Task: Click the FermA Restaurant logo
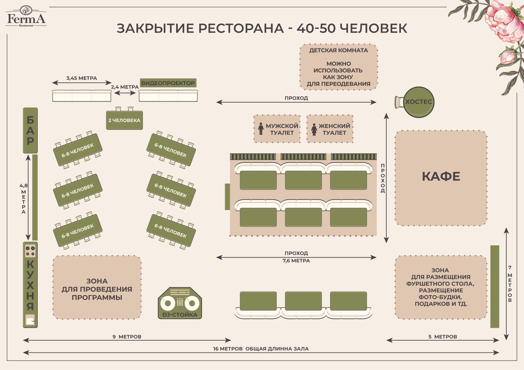(x=26, y=16)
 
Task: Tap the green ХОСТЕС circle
(x=419, y=102)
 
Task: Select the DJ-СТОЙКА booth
(x=180, y=303)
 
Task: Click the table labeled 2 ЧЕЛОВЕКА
(x=124, y=120)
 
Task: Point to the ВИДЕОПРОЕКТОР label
(x=168, y=83)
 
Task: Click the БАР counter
(x=30, y=130)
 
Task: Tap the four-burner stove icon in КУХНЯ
(x=30, y=251)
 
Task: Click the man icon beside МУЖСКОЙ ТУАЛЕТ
(x=261, y=129)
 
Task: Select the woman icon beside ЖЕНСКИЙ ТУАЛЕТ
(x=314, y=129)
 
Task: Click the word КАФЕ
(x=441, y=176)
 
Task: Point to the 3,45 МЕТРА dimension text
(x=81, y=78)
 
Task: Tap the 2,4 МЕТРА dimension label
(x=125, y=87)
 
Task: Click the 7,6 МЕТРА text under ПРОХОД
(x=296, y=261)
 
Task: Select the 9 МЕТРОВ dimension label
(x=127, y=337)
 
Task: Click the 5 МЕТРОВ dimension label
(x=443, y=337)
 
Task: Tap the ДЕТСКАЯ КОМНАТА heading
(x=339, y=50)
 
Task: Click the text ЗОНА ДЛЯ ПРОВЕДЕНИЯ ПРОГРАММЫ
(x=97, y=289)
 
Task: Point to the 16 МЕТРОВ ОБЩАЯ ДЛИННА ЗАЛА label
(x=261, y=349)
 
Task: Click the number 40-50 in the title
(x=316, y=28)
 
